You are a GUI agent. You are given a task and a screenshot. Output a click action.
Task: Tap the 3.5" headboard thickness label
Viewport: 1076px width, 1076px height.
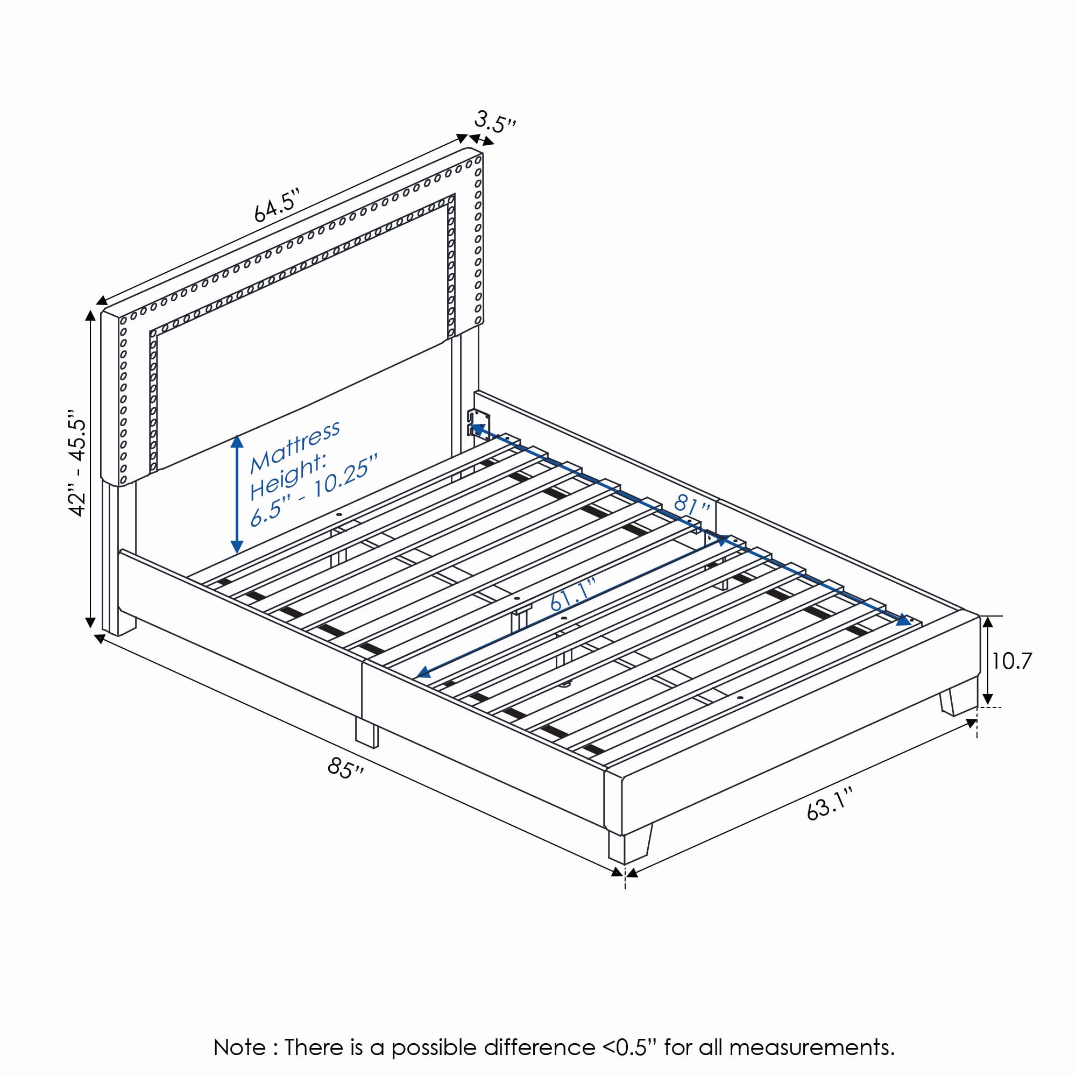click(x=495, y=122)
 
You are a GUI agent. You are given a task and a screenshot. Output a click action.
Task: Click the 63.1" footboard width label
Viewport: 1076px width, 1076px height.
click(x=830, y=804)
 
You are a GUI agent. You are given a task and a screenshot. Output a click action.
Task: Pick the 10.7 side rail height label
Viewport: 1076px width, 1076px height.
click(x=1011, y=661)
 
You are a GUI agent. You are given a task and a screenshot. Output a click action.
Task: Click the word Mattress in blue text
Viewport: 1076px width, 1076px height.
click(x=295, y=445)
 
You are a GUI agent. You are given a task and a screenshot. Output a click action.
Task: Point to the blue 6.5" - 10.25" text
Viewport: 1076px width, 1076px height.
click(x=314, y=490)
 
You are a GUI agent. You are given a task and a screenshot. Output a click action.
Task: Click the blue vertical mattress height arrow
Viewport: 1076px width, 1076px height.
click(x=237, y=494)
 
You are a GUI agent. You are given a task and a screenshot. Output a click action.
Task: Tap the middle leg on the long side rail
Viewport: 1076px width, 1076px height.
click(x=366, y=731)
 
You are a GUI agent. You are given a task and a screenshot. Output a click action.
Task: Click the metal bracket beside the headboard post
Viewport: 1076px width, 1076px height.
click(x=478, y=423)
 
